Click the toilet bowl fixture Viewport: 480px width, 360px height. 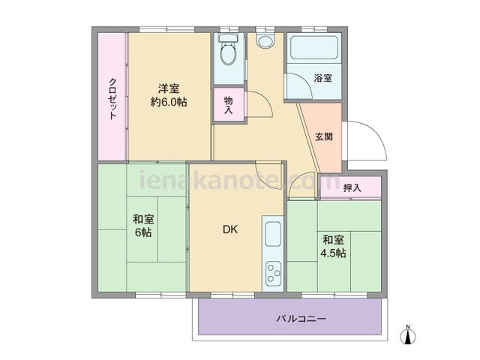pos(229,54)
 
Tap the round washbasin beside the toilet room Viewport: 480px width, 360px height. pos(265,40)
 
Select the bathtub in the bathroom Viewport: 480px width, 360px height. pos(313,47)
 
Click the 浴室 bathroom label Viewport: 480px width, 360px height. pos(323,78)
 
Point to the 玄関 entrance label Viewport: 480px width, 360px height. pos(324,136)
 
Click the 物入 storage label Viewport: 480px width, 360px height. pos(228,105)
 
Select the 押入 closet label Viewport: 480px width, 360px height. pos(352,188)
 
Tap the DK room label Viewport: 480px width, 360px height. pos(230,229)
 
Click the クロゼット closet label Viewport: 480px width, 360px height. pos(112,98)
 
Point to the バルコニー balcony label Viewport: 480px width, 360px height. pos(301,319)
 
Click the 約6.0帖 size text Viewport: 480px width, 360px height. pos(169,102)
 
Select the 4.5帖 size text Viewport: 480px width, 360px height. pos(333,253)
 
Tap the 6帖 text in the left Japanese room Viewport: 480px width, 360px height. pos(143,232)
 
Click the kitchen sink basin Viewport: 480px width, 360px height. pos(273,234)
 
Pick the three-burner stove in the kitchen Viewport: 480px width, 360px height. pos(273,273)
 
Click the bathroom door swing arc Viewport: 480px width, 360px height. pos(304,82)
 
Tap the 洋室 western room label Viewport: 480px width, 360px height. pos(169,88)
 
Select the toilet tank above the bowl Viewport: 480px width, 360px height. pos(229,37)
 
